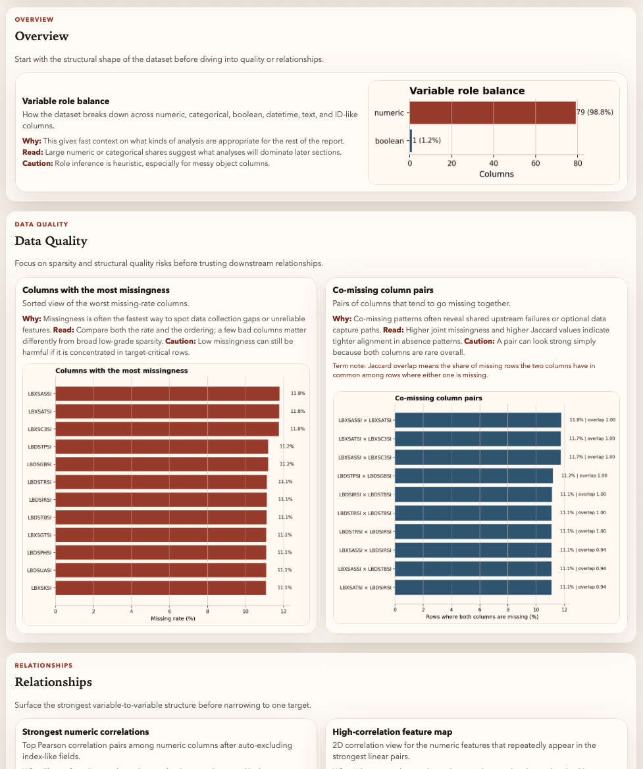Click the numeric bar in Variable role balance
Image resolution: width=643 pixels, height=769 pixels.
pos(492,113)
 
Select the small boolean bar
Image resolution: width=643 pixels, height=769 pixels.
pos(411,140)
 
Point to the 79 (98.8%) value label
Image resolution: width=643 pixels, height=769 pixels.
pos(595,113)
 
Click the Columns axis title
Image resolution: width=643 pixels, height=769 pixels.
pos(496,174)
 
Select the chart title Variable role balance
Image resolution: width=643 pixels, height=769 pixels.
pos(467,91)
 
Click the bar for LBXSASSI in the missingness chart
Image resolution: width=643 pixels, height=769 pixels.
pos(167,394)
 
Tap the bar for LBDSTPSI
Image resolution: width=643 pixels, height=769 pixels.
pos(161,446)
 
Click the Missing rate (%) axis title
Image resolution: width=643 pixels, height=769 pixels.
pos(173,618)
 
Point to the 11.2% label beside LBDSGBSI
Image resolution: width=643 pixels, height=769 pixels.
pos(286,464)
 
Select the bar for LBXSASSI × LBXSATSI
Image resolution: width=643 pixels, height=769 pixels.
pos(477,420)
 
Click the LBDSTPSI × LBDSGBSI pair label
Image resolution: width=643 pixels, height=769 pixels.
pos(364,475)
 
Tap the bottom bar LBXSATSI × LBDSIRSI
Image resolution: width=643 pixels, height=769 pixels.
pos(473,587)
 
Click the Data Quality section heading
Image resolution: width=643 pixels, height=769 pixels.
pos(51,241)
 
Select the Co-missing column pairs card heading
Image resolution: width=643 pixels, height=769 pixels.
pos(383,290)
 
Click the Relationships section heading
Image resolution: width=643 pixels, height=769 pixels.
pos(53,682)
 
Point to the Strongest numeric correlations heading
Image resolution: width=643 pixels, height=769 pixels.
pos(86,731)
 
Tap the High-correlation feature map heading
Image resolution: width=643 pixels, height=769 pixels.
pos(392,731)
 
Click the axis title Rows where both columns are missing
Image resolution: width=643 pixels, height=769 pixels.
pos(482,616)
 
